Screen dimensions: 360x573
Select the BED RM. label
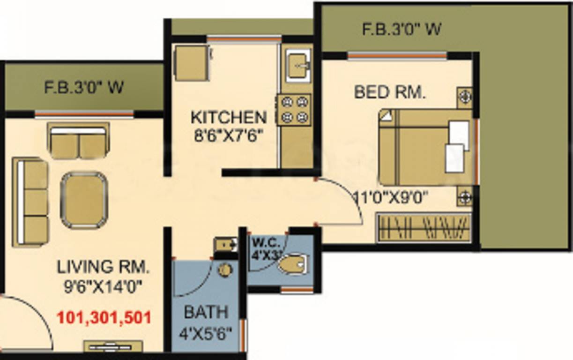[390, 92]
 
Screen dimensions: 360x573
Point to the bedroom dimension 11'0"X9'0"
[391, 198]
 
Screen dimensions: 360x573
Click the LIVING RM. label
[103, 267]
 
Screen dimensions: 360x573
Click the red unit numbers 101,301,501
[104, 318]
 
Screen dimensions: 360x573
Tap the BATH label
[206, 312]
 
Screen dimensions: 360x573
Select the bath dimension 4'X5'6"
[206, 333]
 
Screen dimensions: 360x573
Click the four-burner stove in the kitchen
[294, 110]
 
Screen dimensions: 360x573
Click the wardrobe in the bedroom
[424, 228]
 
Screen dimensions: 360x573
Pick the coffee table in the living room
[84, 200]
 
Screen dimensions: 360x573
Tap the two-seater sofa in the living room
[78, 141]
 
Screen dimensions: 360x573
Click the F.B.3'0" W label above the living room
[84, 87]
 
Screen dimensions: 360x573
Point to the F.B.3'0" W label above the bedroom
[402, 29]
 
